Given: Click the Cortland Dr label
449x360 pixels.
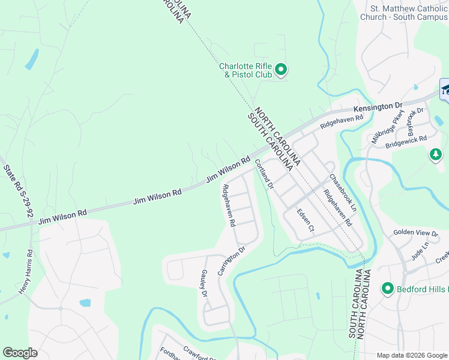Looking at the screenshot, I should [x=264, y=175].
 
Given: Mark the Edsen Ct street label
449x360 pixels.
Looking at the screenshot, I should [x=306, y=220].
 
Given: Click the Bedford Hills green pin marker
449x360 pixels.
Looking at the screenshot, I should [x=387, y=289].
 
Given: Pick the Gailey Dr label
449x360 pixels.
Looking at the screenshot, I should [x=203, y=283].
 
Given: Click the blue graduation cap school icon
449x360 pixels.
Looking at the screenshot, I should [x=445, y=90].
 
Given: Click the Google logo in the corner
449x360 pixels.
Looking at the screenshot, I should [x=20, y=353].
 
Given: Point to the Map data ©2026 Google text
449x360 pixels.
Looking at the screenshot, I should [x=412, y=355].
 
